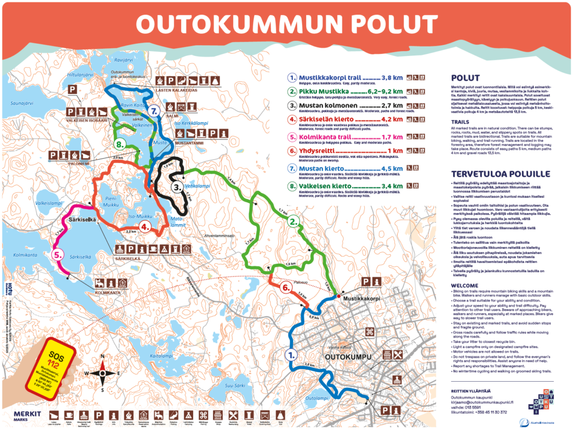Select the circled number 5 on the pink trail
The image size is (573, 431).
(58, 254)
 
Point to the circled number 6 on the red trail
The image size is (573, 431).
(285, 287)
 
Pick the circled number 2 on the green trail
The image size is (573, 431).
(292, 221)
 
